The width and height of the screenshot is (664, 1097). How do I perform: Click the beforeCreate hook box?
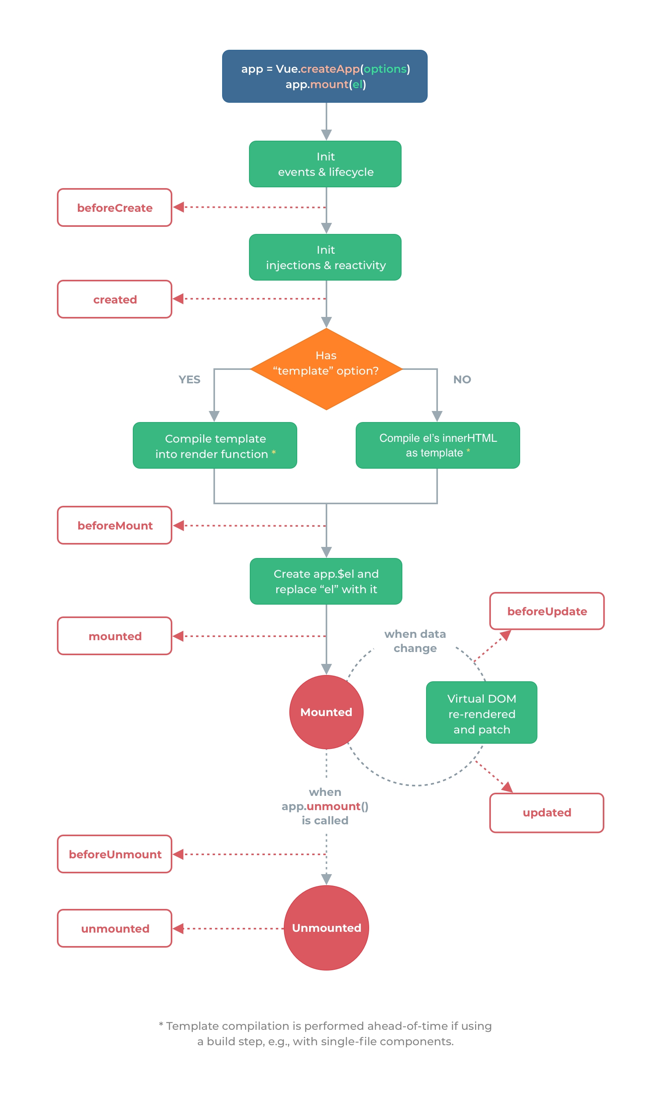pyautogui.click(x=115, y=207)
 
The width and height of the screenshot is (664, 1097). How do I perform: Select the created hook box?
pyautogui.click(x=115, y=299)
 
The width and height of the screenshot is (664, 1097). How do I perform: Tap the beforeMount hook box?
pyautogui.click(x=115, y=525)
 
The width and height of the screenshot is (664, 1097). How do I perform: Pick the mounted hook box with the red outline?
pyautogui.click(x=115, y=636)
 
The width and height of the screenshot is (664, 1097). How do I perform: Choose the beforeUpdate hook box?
pyautogui.click(x=547, y=611)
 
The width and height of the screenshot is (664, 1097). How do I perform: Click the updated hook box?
pyautogui.click(x=547, y=812)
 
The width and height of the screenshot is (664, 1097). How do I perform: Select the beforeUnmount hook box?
pyautogui.click(x=115, y=854)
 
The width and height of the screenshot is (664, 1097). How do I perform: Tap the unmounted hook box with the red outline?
pyautogui.click(x=115, y=928)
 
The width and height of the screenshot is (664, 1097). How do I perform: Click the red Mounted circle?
pyautogui.click(x=326, y=712)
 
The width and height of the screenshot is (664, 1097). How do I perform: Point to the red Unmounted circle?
pyautogui.click(x=326, y=928)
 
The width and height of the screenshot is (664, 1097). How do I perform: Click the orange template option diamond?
pyautogui.click(x=326, y=369)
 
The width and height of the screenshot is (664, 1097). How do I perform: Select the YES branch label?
pyautogui.click(x=189, y=379)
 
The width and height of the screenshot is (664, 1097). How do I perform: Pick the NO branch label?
pyautogui.click(x=462, y=379)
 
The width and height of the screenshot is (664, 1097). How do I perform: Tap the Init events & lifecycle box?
pyautogui.click(x=325, y=164)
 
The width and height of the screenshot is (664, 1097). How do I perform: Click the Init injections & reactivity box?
pyautogui.click(x=325, y=257)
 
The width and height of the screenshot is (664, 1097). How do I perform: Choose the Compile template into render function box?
pyautogui.click(x=215, y=445)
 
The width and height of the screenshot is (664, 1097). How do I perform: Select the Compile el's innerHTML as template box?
pyautogui.click(x=437, y=445)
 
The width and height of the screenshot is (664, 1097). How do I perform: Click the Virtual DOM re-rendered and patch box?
pyautogui.click(x=481, y=714)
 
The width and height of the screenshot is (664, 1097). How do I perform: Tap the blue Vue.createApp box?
pyautogui.click(x=324, y=76)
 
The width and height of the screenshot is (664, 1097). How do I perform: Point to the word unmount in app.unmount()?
pyautogui.click(x=333, y=806)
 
